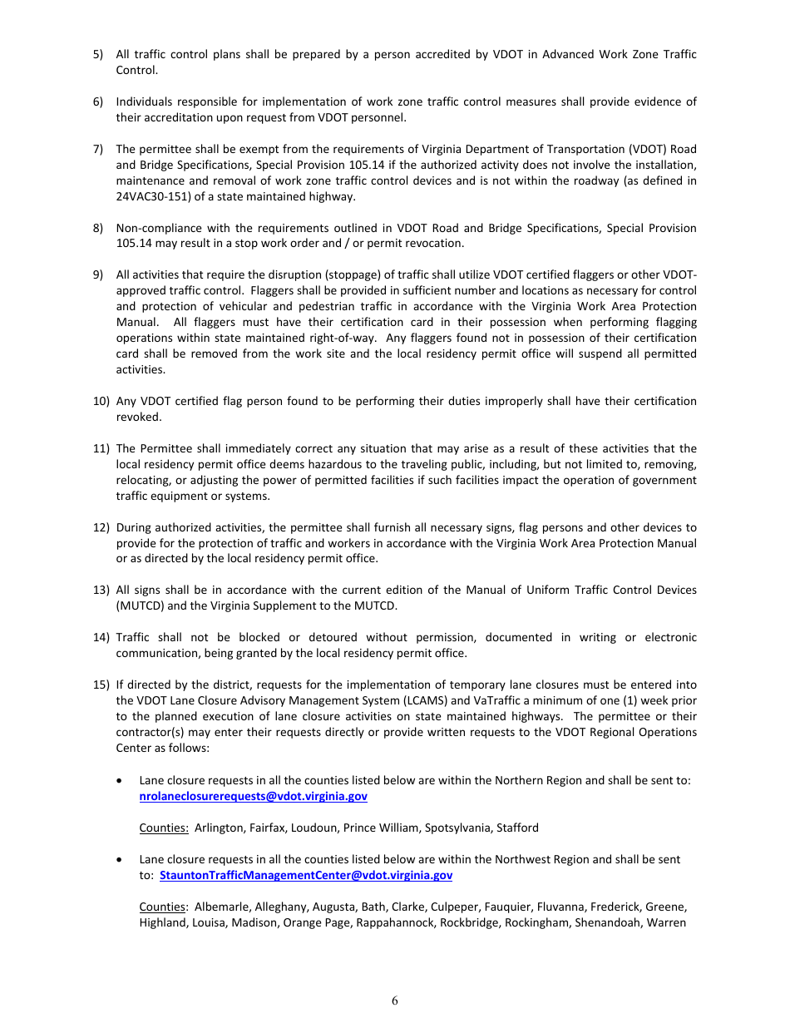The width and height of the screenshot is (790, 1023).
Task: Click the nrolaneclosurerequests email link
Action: (x=253, y=797)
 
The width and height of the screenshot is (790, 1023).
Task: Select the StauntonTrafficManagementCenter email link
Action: (x=305, y=876)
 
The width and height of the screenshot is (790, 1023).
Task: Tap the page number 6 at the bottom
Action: (x=395, y=1001)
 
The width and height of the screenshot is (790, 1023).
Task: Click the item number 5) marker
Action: (x=98, y=54)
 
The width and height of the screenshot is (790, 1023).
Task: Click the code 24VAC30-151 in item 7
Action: (x=149, y=197)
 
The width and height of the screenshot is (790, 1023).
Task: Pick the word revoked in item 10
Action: (x=139, y=418)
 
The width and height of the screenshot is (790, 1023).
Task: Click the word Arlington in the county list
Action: (x=219, y=828)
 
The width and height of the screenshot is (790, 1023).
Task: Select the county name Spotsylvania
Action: (x=460, y=828)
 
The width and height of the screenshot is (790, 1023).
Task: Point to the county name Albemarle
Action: (x=220, y=907)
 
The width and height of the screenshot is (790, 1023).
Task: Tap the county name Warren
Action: (x=666, y=923)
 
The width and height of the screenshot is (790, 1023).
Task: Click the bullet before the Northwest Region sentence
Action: (x=122, y=860)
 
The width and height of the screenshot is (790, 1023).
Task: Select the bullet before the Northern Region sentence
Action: (x=122, y=781)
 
